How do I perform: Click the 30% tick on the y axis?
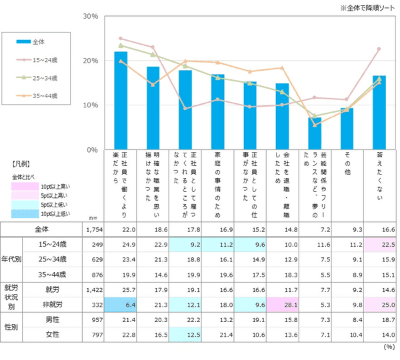point(89,16)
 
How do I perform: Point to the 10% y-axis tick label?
point(89,105)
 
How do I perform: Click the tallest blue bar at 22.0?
point(121,100)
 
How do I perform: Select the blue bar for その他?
point(347,128)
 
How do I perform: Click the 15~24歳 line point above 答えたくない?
point(379,49)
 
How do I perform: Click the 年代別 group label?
point(11,260)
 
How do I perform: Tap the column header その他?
point(347,163)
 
